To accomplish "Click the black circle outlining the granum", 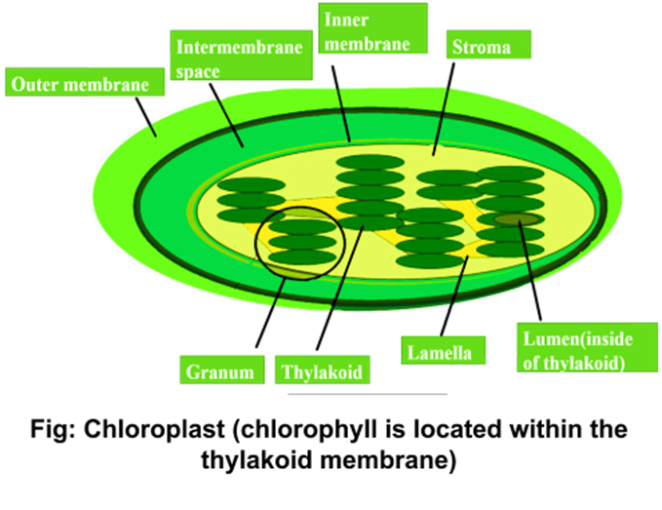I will [x=256, y=244].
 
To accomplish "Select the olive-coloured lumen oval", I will [x=514, y=219].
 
